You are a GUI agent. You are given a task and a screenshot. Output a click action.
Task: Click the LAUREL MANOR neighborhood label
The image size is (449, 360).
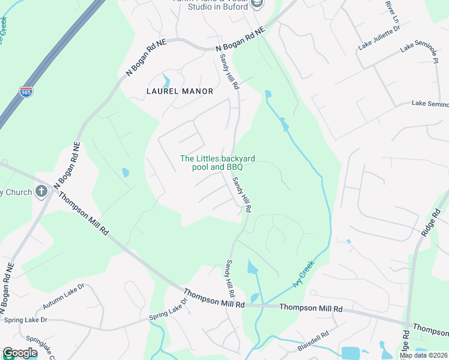[x=179, y=91]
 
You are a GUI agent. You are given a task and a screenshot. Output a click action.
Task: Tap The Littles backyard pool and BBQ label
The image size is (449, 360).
[x=218, y=163]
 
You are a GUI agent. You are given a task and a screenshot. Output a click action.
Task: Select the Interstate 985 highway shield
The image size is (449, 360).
[x=26, y=92]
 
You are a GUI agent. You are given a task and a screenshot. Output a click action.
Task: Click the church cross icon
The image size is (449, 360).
[x=41, y=191]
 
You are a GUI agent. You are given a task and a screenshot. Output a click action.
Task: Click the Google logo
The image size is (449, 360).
[x=20, y=353]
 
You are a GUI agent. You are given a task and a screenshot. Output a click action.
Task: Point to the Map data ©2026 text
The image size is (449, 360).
[x=423, y=355]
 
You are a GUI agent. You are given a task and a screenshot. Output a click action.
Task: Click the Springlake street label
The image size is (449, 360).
[x=42, y=347]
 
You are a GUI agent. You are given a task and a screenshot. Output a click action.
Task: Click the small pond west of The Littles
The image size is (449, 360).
[x=125, y=173]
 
